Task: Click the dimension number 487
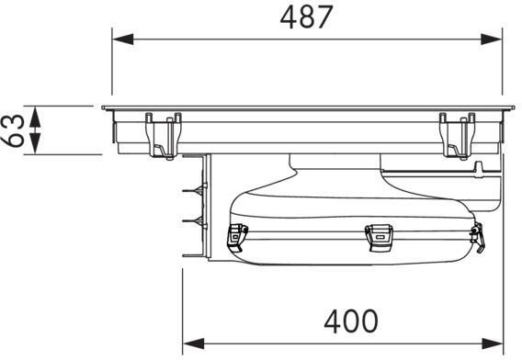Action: pos(306,17)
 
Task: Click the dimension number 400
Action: pos(351,321)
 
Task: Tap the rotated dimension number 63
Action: pos(13,130)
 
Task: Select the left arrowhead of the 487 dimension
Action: pos(123,39)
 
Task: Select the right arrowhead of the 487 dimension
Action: pos(491,39)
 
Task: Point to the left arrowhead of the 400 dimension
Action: pos(194,343)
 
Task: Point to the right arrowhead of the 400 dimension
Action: pos(493,343)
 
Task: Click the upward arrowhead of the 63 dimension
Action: pos(35,117)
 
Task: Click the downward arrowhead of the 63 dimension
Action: pos(35,144)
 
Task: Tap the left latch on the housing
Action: pos(237,237)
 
